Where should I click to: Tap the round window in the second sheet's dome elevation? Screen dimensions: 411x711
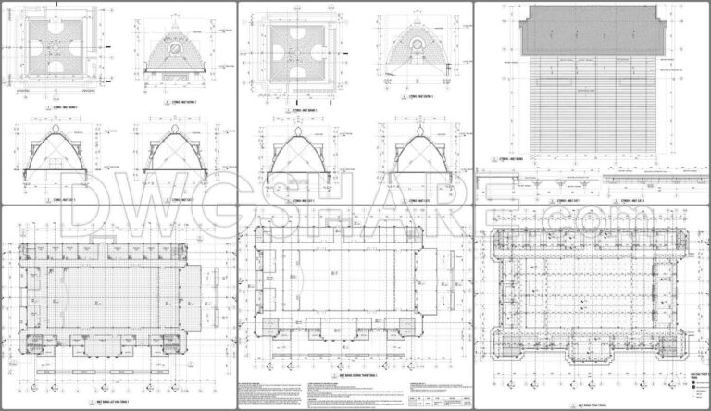418,44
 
